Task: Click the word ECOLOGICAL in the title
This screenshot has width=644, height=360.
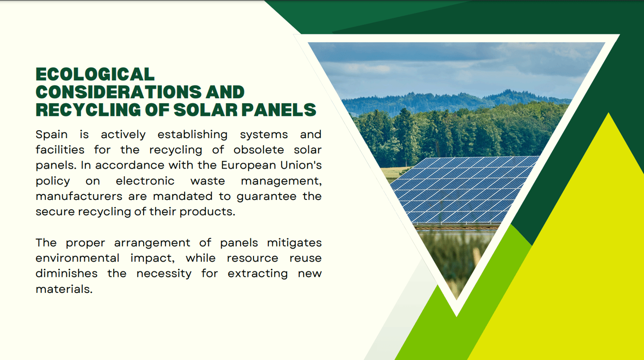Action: pyautogui.click(x=95, y=74)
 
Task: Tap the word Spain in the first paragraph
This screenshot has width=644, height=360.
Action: pyautogui.click(x=51, y=135)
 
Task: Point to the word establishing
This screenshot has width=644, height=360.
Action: pyautogui.click(x=192, y=135)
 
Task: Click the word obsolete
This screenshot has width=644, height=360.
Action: pyautogui.click(x=258, y=150)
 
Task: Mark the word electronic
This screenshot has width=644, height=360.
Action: pyautogui.click(x=145, y=181)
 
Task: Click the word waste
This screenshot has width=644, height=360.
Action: pyautogui.click(x=208, y=181)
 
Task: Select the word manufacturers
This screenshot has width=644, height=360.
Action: pyautogui.click(x=79, y=196)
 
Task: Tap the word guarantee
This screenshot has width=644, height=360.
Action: pyautogui.click(x=267, y=197)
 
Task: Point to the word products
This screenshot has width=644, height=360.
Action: pyautogui.click(x=208, y=212)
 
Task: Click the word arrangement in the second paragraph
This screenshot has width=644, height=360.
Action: pyautogui.click(x=152, y=243)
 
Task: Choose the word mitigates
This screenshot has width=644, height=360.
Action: pyautogui.click(x=294, y=243)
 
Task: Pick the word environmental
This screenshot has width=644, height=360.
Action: pyautogui.click(x=77, y=258)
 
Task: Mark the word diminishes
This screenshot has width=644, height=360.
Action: pyautogui.click(x=66, y=273)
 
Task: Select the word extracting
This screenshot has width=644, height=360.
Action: pyautogui.click(x=258, y=274)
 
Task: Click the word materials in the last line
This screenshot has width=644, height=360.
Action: pyautogui.click(x=64, y=289)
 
